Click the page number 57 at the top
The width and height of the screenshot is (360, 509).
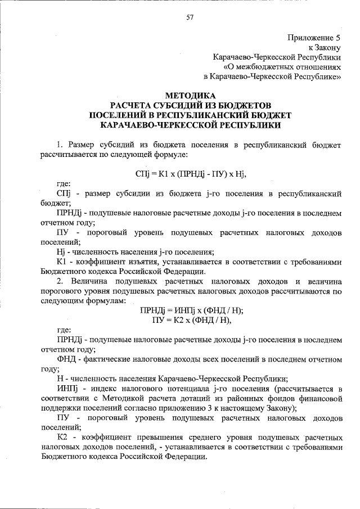[x=190, y=17]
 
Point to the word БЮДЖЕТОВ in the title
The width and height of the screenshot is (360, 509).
[x=247, y=105]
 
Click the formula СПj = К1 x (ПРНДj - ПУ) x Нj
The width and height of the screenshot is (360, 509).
[x=191, y=172]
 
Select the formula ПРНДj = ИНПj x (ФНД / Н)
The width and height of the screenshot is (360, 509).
[x=191, y=310]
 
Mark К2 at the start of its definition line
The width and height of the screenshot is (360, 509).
[x=62, y=437]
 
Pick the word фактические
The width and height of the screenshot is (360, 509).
[x=111, y=359]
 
